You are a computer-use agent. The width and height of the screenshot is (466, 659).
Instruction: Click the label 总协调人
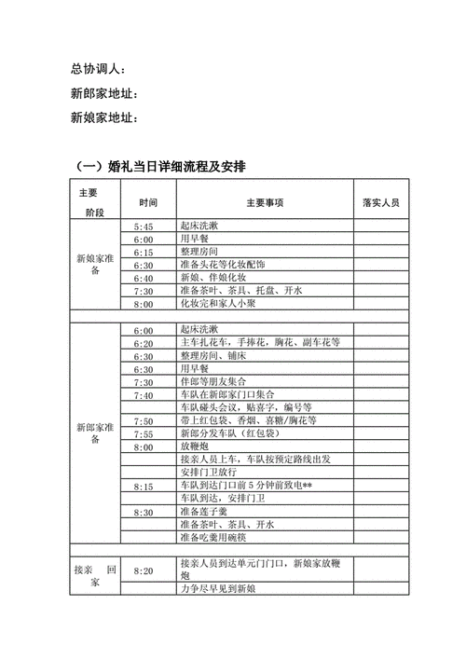click(x=98, y=70)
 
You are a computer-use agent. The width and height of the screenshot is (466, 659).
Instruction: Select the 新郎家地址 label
click(x=104, y=94)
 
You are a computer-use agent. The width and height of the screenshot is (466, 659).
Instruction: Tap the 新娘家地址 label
click(x=104, y=118)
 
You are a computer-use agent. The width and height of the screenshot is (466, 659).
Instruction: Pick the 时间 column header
click(x=148, y=202)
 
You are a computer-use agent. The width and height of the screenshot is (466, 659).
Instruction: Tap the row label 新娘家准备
click(x=95, y=265)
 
